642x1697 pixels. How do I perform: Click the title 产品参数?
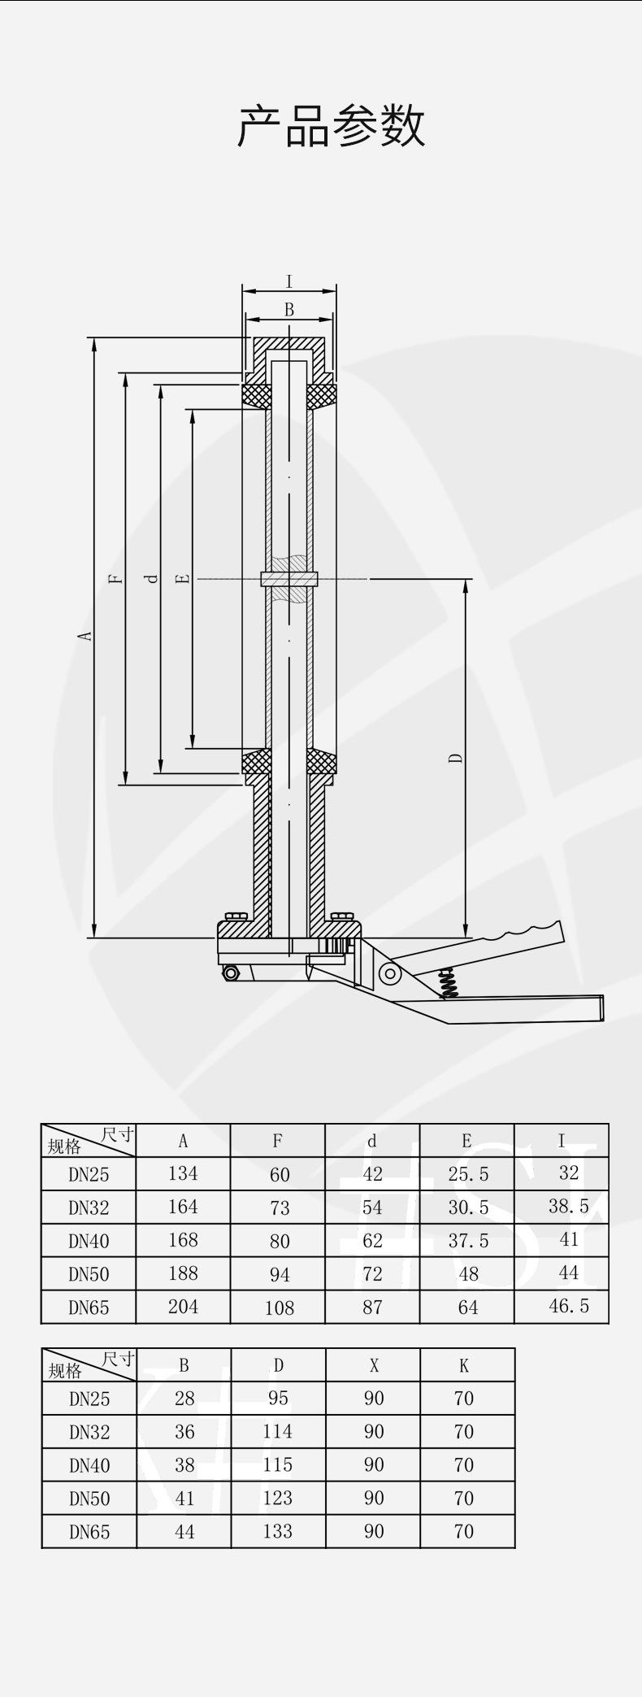(331, 126)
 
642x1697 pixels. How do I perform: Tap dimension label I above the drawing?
(289, 282)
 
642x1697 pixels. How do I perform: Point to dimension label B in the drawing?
(289, 310)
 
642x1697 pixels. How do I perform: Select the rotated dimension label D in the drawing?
(457, 758)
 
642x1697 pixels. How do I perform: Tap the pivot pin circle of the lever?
(391, 973)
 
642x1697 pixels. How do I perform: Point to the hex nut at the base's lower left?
(232, 973)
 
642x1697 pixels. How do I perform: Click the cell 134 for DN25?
(183, 1173)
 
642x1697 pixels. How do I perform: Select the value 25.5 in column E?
(468, 1174)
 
